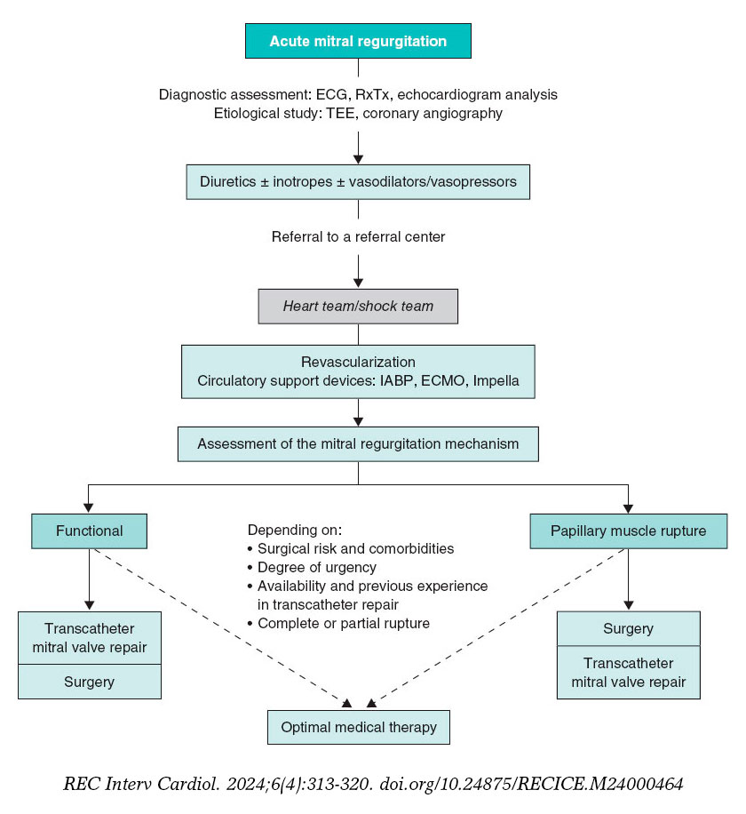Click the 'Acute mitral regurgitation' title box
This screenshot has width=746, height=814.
[x=358, y=41]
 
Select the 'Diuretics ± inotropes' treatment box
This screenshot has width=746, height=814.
[x=358, y=182]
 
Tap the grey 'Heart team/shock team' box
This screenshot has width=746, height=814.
[x=358, y=306]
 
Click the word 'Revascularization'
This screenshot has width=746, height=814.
[x=358, y=363]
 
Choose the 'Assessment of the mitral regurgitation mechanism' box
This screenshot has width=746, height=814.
[x=358, y=443]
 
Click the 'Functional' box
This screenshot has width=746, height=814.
[x=90, y=531]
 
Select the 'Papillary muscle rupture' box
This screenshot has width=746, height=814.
[x=628, y=531]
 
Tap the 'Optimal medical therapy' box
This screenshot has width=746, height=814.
[x=359, y=727]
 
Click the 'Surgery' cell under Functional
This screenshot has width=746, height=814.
[x=90, y=682]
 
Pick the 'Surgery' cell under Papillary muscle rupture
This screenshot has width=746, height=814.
[x=628, y=628]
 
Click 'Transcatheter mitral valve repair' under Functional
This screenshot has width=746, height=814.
[x=90, y=637]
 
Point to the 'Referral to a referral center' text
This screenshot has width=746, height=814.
[x=358, y=237]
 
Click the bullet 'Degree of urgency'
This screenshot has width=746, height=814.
[x=316, y=567]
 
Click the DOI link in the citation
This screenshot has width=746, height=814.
[x=531, y=785]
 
